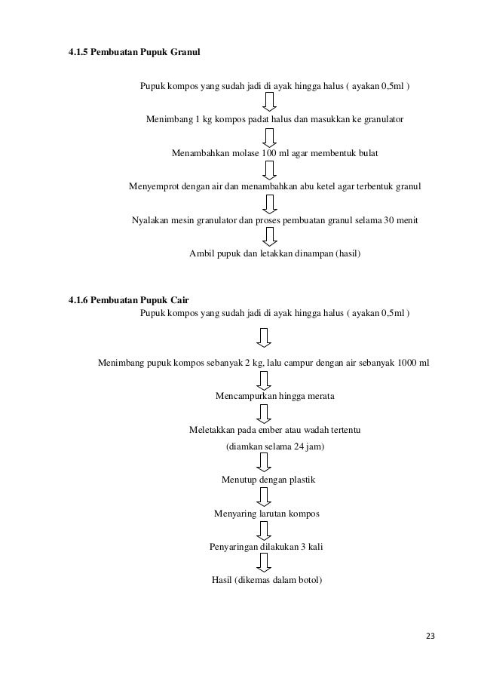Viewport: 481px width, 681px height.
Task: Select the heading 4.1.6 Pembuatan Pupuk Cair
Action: [128, 300]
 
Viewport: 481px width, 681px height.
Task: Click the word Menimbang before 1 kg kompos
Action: [169, 119]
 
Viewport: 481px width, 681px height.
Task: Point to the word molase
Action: [242, 153]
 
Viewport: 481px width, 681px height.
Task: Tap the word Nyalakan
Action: [151, 220]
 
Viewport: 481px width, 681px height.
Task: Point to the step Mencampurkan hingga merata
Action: [275, 396]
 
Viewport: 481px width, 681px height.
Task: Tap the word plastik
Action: [299, 480]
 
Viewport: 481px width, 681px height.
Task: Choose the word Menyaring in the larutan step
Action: [237, 514]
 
